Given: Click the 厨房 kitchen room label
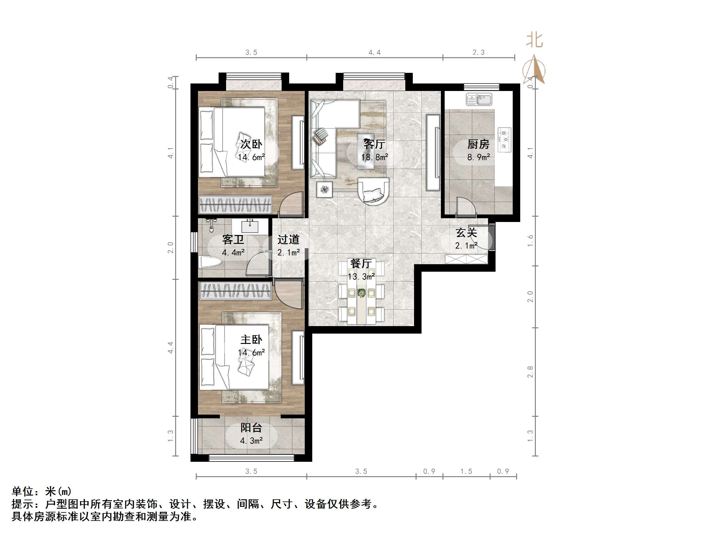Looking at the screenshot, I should (x=478, y=144).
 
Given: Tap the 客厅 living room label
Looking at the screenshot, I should (x=374, y=144).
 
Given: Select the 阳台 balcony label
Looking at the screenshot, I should (x=251, y=427).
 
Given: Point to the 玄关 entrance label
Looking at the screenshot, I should (x=466, y=232).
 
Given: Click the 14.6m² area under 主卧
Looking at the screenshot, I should (x=251, y=352).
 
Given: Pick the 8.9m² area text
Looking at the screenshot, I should (x=478, y=157).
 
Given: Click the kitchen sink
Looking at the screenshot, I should (x=479, y=99).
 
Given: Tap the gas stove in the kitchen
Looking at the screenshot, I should (x=504, y=140).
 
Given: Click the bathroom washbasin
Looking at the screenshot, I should (x=250, y=226).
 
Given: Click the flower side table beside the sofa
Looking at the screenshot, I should (x=324, y=189).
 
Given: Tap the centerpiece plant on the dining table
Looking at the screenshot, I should (x=362, y=293).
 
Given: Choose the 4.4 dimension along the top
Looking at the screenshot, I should (x=374, y=53).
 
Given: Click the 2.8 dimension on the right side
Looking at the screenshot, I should (x=530, y=372).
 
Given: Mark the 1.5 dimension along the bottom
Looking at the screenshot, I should (x=466, y=471).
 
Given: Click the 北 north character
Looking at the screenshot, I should (x=534, y=41).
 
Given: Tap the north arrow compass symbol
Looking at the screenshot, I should (x=534, y=69).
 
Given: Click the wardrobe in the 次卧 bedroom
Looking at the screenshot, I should (x=235, y=204).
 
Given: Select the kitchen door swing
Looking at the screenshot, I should (x=465, y=206).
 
